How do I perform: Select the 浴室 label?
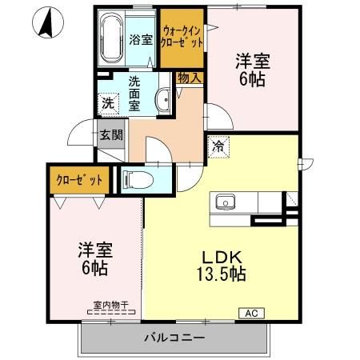(142, 39)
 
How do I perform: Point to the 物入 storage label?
(190, 78)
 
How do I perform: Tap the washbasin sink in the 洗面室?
(163, 101)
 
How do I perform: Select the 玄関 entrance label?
(111, 135)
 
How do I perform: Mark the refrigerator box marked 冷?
(218, 146)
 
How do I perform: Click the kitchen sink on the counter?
(226, 202)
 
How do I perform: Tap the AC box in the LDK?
(250, 313)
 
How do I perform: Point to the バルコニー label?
(174, 338)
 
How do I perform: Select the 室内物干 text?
(110, 304)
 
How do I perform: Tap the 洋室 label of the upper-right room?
(250, 60)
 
